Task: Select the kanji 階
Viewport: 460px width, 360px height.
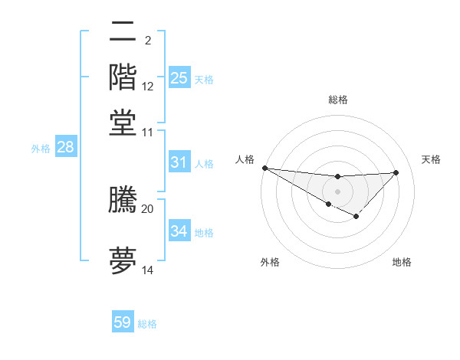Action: pyautogui.click(x=123, y=77)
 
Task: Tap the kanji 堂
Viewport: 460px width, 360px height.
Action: pyautogui.click(x=123, y=123)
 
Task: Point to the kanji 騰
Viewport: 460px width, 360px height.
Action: pyautogui.click(x=123, y=199)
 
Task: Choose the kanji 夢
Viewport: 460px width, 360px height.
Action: pyautogui.click(x=123, y=260)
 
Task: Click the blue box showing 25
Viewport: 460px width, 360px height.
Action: pyautogui.click(x=179, y=78)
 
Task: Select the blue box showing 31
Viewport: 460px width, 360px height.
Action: pyautogui.click(x=179, y=162)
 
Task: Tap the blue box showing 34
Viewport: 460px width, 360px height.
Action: pyautogui.click(x=179, y=231)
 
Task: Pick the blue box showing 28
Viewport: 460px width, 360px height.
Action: pyautogui.click(x=65, y=148)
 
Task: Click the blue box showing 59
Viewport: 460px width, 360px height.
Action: pyautogui.click(x=123, y=322)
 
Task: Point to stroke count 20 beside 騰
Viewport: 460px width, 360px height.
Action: pyautogui.click(x=147, y=208)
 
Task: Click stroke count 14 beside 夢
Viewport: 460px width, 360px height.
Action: pyautogui.click(x=147, y=270)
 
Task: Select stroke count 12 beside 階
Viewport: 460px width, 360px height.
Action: pyautogui.click(x=147, y=87)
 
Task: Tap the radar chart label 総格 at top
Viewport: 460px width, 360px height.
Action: pyautogui.click(x=337, y=100)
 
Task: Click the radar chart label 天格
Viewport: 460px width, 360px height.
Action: pyautogui.click(x=432, y=159)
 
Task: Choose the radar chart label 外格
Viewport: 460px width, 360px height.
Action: pyautogui.click(x=270, y=262)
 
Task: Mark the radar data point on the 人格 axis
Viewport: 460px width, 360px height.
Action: pyautogui.click(x=264, y=168)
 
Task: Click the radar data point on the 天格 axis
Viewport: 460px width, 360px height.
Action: pyautogui.click(x=396, y=172)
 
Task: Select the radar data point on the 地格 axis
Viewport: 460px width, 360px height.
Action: pyautogui.click(x=356, y=218)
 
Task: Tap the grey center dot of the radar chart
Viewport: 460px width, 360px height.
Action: pyautogui.click(x=337, y=191)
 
